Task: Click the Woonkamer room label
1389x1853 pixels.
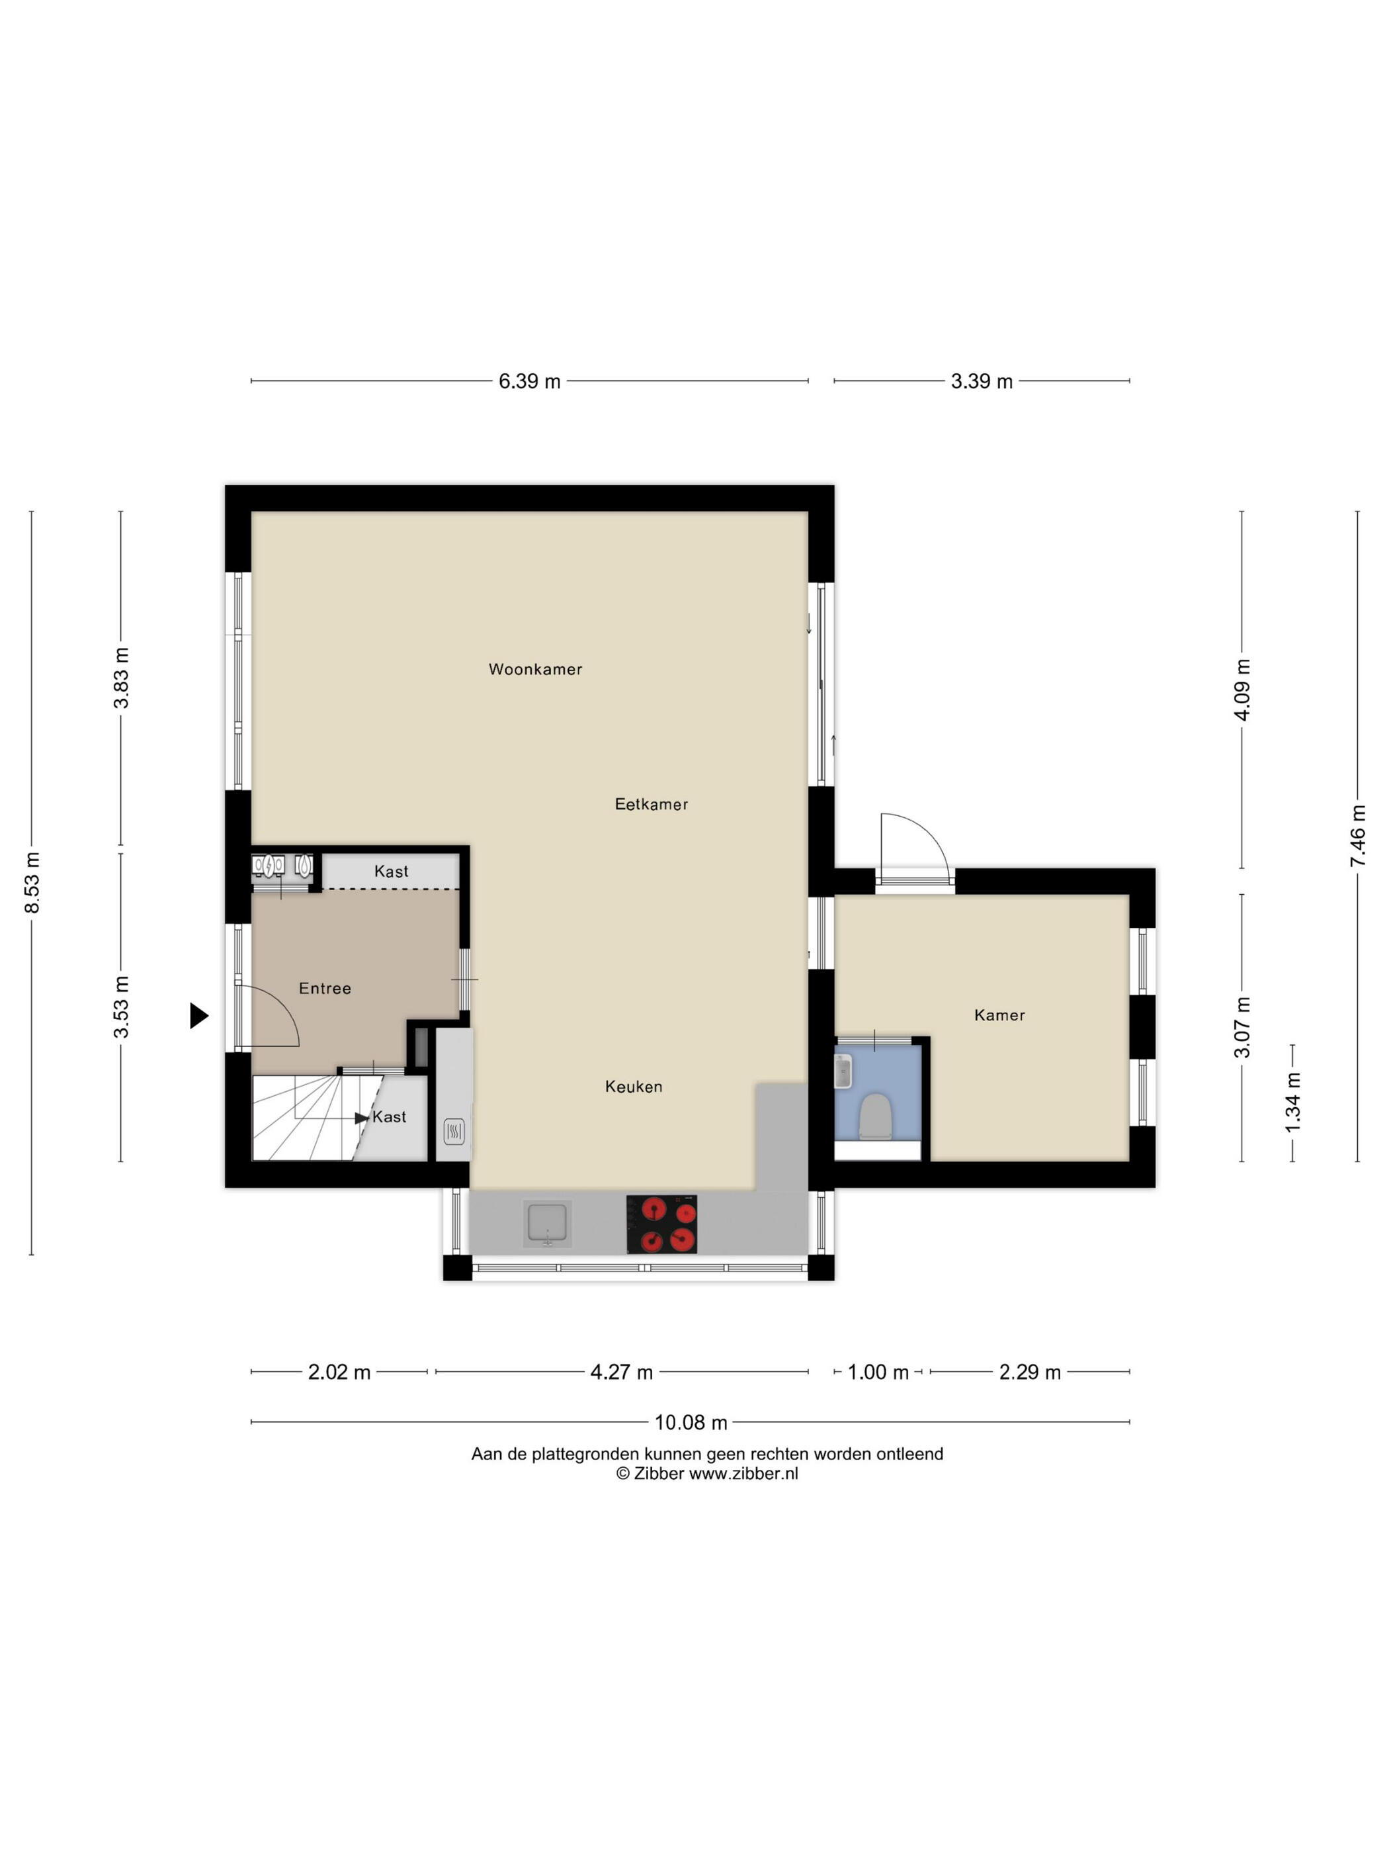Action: pyautogui.click(x=535, y=668)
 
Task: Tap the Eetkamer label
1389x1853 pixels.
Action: pyautogui.click(x=651, y=804)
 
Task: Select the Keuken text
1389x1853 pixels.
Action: pyautogui.click(x=633, y=1087)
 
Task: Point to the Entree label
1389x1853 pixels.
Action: pyautogui.click(x=325, y=989)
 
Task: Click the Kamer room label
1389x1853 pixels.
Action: pyautogui.click(x=999, y=1015)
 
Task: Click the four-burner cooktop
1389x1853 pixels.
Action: pyautogui.click(x=661, y=1224)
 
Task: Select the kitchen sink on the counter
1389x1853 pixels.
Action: pyautogui.click(x=548, y=1223)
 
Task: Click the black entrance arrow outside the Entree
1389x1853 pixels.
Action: pyautogui.click(x=198, y=1015)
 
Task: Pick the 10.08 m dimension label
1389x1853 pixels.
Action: pyautogui.click(x=690, y=1422)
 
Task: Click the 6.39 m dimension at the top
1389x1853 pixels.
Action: pyautogui.click(x=529, y=381)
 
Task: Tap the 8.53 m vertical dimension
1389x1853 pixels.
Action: pyautogui.click(x=32, y=882)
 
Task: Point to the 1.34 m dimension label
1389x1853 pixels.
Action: pyautogui.click(x=1294, y=1103)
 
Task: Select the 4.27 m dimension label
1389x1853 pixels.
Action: pyautogui.click(x=621, y=1372)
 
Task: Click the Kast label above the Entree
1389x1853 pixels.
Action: pyautogui.click(x=391, y=871)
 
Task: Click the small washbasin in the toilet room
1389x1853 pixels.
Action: pyautogui.click(x=843, y=1071)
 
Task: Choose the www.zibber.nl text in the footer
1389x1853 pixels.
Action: pyautogui.click(x=743, y=1474)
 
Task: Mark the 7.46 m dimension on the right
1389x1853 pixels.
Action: pyautogui.click(x=1357, y=835)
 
